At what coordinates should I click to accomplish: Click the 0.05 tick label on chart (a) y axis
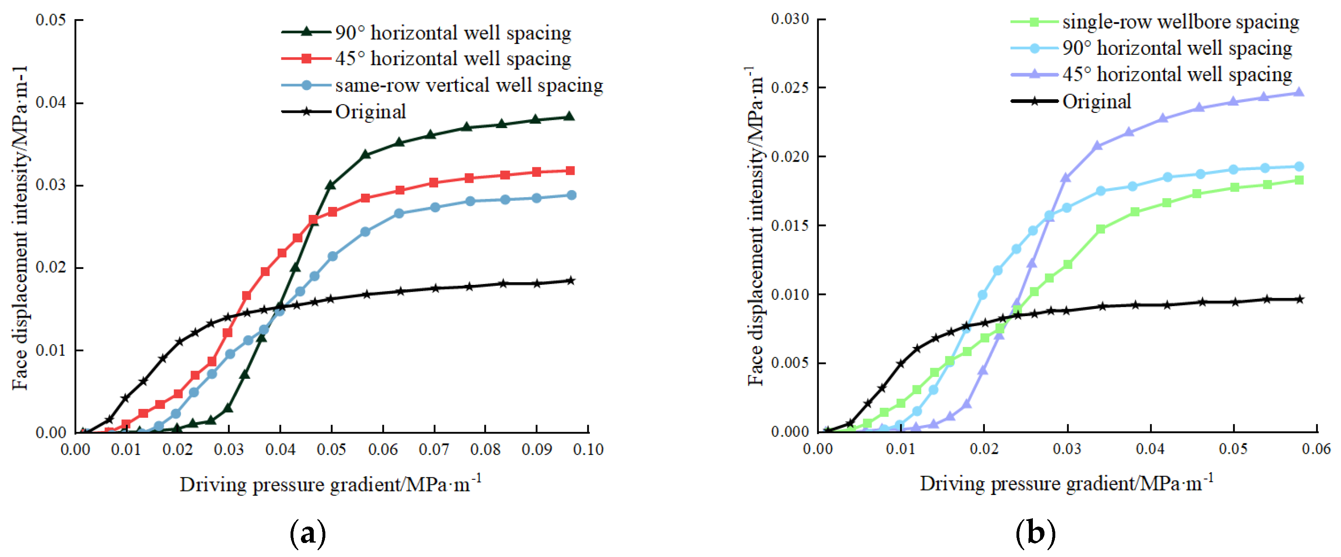(50, 20)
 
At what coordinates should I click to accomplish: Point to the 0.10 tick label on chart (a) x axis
(588, 449)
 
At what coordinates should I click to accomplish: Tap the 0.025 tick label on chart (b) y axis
(790, 88)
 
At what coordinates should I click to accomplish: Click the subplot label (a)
(308, 533)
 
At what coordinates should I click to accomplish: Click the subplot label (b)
(1035, 533)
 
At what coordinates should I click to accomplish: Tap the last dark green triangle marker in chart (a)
(569, 116)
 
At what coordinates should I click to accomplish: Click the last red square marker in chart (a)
(570, 171)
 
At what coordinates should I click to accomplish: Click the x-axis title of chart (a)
(330, 484)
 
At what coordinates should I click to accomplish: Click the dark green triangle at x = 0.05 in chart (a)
(330, 185)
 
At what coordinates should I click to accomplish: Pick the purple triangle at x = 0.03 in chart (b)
(1066, 178)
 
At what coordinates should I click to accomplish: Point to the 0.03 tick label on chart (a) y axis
(50, 185)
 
